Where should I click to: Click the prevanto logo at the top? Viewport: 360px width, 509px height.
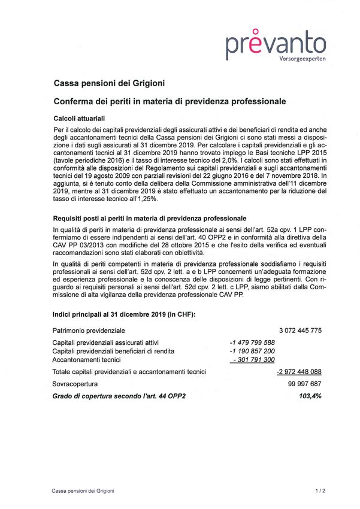click(276, 43)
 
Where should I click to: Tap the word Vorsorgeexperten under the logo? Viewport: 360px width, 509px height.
click(302, 59)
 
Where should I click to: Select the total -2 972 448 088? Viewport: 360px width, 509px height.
click(299, 372)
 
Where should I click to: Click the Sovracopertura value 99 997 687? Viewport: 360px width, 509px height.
click(305, 384)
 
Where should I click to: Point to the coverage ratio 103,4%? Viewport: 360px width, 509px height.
click(310, 396)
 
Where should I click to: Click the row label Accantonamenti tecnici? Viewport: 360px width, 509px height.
click(87, 360)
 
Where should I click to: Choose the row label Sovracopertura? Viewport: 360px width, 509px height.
click(74, 384)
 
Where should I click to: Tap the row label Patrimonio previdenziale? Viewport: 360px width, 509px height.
click(89, 330)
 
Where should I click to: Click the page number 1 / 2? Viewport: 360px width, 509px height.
click(319, 491)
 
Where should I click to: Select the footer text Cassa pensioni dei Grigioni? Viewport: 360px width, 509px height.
click(83, 491)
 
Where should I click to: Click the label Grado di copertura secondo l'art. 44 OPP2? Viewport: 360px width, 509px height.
click(120, 396)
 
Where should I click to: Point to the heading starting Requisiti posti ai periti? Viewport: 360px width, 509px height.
click(149, 219)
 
